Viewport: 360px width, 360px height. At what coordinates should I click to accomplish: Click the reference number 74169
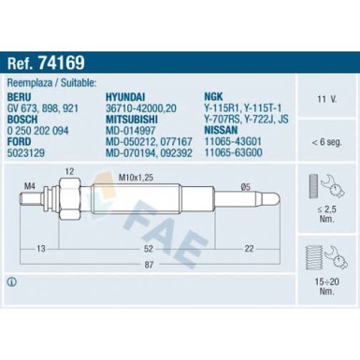click(x=62, y=63)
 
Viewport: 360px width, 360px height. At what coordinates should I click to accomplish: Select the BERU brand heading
click(x=20, y=97)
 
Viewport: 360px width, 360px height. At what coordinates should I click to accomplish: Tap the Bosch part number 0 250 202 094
click(x=37, y=131)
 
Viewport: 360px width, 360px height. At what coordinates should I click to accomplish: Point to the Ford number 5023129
click(x=26, y=152)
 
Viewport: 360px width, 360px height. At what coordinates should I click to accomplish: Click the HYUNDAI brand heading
click(x=125, y=97)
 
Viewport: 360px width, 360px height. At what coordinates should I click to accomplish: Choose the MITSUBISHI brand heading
click(x=132, y=120)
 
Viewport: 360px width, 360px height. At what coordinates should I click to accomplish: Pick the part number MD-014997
click(x=131, y=131)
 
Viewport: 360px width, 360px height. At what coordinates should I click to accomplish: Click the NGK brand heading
click(x=213, y=96)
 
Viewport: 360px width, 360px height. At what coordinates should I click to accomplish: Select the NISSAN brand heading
click(x=221, y=130)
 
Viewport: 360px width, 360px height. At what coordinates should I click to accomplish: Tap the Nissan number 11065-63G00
click(x=233, y=152)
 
